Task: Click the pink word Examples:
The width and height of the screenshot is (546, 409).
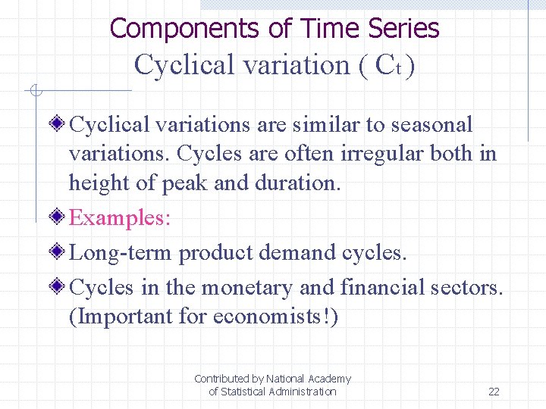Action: point(120,218)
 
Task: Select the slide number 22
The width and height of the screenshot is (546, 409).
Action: point(494,392)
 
